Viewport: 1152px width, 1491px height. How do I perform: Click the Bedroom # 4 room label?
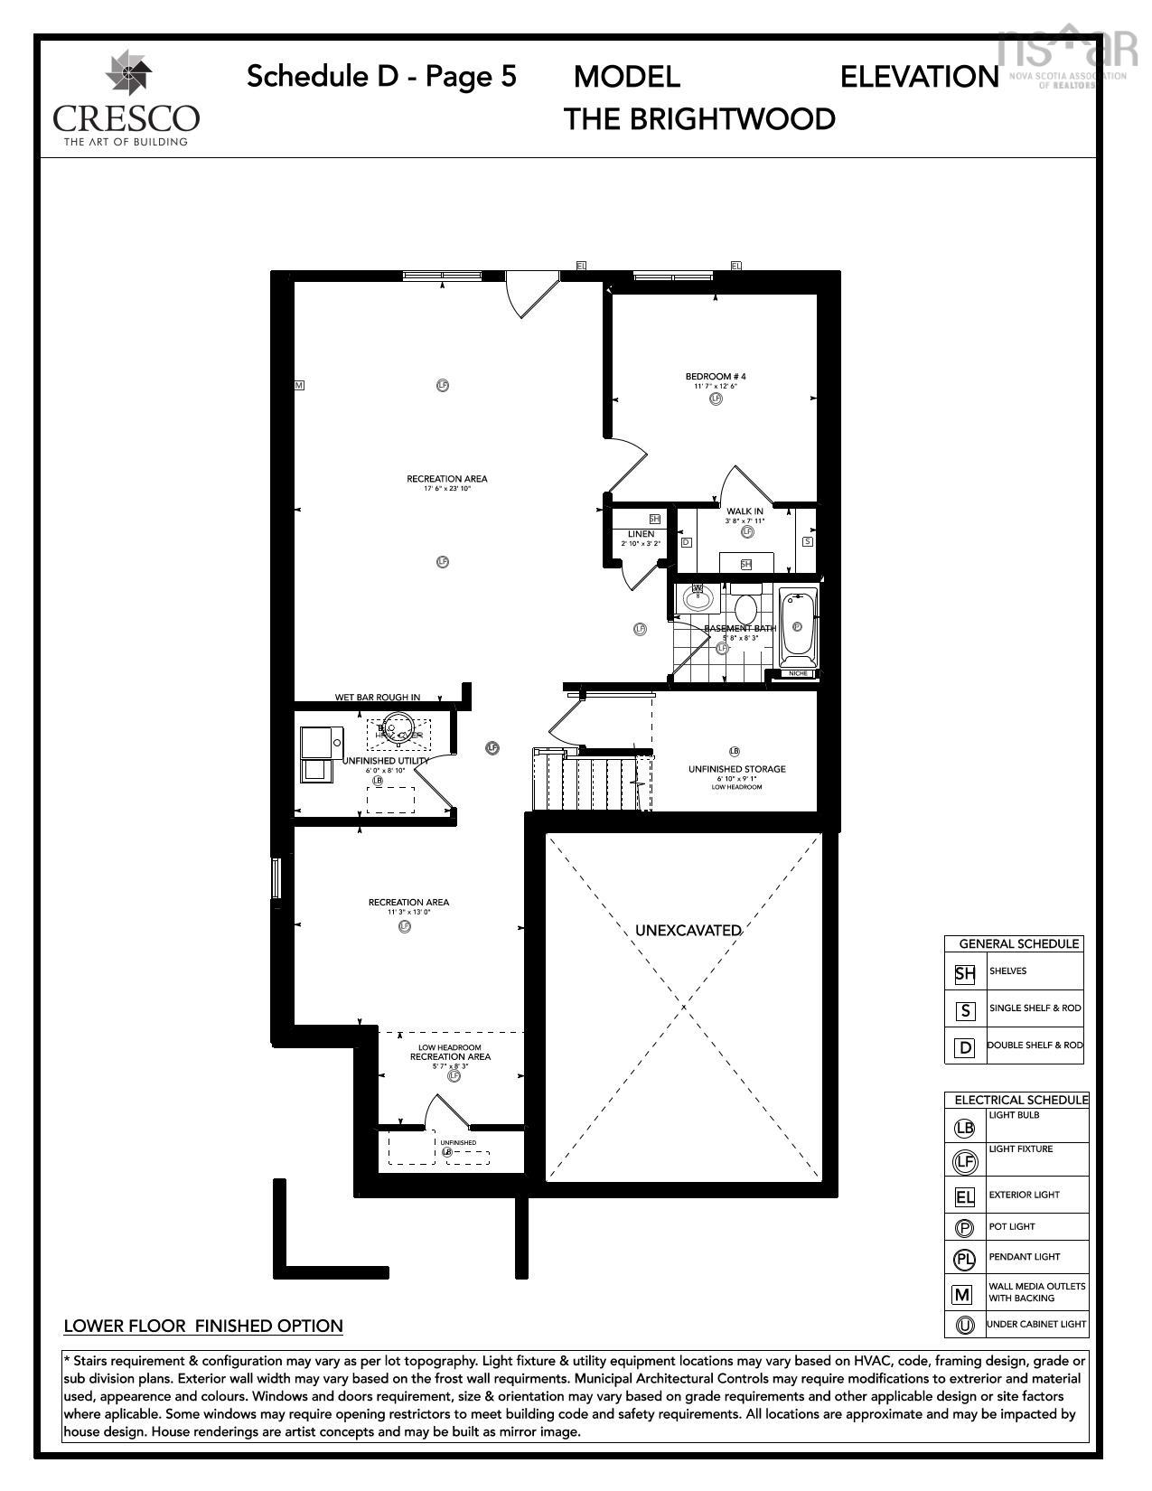tap(716, 376)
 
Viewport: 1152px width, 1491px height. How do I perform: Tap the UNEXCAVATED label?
tap(688, 930)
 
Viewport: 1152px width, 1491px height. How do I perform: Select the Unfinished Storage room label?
tap(736, 769)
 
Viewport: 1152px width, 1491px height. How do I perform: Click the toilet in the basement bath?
tap(746, 606)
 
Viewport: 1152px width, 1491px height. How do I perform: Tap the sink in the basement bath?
tap(698, 596)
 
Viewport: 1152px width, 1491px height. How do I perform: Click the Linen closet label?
tap(641, 534)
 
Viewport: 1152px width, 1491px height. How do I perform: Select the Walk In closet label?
tap(745, 511)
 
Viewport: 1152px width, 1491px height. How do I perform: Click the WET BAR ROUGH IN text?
tap(378, 697)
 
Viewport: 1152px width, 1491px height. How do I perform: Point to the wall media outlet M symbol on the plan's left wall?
tap(299, 385)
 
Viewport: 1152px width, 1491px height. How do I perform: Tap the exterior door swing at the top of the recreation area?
tap(531, 295)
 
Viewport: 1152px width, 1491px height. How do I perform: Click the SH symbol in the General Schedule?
tap(965, 973)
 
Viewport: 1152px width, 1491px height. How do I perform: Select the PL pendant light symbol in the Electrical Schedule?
tap(964, 1259)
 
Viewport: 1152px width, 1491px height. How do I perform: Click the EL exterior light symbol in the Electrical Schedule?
tap(964, 1197)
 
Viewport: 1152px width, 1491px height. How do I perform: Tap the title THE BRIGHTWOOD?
tap(699, 119)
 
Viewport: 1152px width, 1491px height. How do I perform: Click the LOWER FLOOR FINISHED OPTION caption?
tap(203, 1326)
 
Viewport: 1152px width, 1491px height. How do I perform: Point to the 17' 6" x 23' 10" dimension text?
tap(447, 489)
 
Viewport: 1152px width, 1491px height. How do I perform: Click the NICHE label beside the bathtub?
tap(797, 673)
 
